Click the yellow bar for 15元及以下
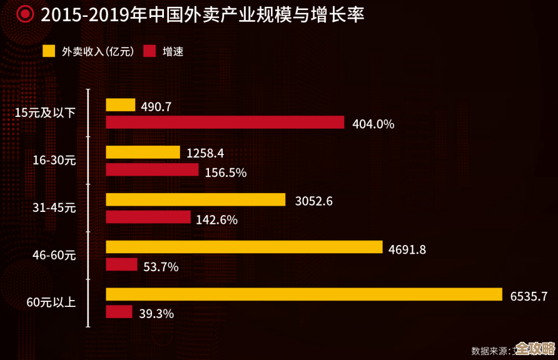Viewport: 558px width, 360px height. point(120,105)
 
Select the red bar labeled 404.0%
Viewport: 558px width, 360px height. point(225,122)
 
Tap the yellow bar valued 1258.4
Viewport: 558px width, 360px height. point(143,152)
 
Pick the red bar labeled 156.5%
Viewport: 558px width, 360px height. point(152,170)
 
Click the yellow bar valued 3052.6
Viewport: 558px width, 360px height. point(196,199)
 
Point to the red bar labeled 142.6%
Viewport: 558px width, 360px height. point(148,217)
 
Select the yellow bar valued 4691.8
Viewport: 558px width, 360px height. point(244,247)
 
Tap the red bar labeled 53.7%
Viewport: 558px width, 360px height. point(121,264)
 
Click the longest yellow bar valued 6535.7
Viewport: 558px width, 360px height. point(304,294)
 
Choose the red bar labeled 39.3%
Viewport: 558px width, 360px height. point(119,312)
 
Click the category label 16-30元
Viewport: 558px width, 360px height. point(54,161)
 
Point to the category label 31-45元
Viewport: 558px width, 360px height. point(54,208)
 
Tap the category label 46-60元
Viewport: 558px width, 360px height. point(54,256)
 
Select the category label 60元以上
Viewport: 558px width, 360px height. point(51,303)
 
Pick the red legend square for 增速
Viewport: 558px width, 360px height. point(150,51)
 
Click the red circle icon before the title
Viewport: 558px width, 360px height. point(25,14)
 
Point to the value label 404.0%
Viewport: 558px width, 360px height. point(373,124)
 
